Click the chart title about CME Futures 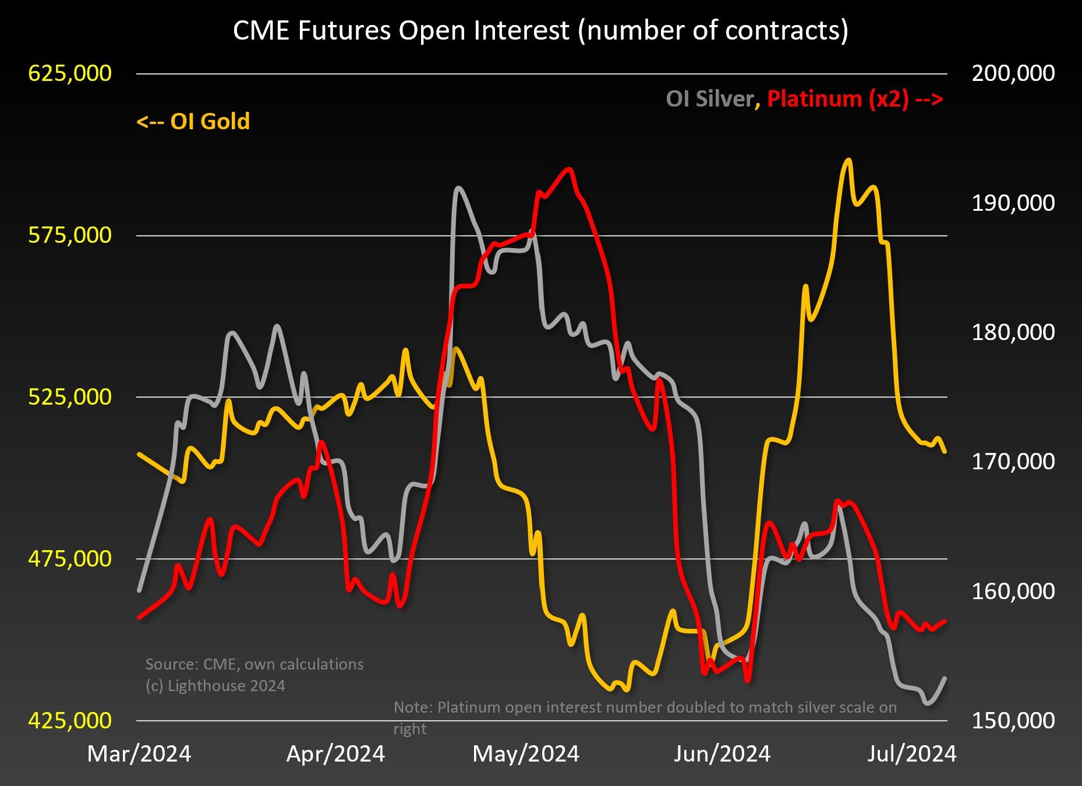click(540, 30)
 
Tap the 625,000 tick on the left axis click(70, 73)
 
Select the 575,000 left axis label click(70, 235)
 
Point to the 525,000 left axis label click(70, 397)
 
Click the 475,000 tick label click(70, 559)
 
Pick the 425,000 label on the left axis click(70, 720)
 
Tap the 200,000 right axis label click(1013, 73)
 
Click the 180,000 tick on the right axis click(1013, 332)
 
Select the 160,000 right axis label click(1013, 591)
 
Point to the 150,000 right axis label click(1013, 720)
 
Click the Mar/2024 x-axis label click(139, 754)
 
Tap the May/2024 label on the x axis click(526, 754)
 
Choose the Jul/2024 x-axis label click(912, 754)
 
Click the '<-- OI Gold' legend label click(193, 122)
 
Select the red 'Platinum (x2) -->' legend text click(855, 99)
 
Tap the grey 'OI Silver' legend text click(710, 99)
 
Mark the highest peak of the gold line click(848, 160)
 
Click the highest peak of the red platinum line click(569, 169)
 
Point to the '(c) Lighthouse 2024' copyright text click(215, 686)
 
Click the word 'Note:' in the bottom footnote click(413, 707)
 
